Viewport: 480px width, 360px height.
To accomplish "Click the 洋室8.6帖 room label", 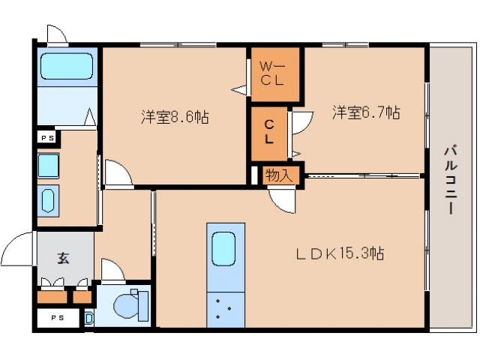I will tap(175, 117).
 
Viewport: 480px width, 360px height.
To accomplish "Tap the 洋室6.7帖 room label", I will tap(366, 112).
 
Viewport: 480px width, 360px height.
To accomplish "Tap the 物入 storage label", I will tap(282, 175).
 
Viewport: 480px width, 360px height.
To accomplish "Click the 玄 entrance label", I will tap(64, 259).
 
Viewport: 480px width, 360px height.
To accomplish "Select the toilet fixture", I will tap(130, 306).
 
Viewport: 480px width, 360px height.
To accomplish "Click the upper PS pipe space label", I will tap(47, 137).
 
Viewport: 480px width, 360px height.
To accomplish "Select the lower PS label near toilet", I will tap(58, 317).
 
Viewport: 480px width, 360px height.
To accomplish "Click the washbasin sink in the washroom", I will tap(49, 200).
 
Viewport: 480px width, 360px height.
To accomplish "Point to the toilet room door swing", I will tap(111, 270).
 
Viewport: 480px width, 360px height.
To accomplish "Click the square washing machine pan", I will tap(49, 165).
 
